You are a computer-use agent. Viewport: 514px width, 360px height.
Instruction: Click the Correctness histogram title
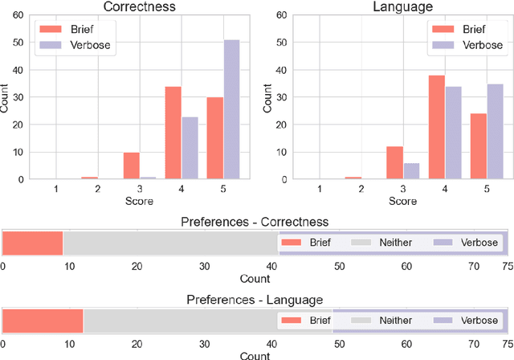(139, 7)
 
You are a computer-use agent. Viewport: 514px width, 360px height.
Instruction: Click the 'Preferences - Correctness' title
(255, 222)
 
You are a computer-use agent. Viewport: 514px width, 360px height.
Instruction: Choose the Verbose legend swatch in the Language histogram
(441, 45)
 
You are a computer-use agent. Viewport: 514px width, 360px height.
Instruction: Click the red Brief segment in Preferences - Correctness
(33, 243)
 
